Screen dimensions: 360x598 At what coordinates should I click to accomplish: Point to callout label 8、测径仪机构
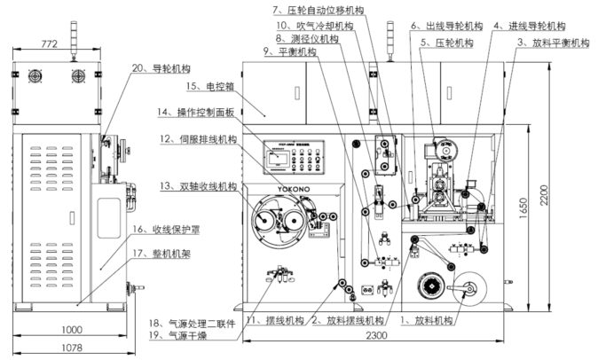click(x=308, y=40)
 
